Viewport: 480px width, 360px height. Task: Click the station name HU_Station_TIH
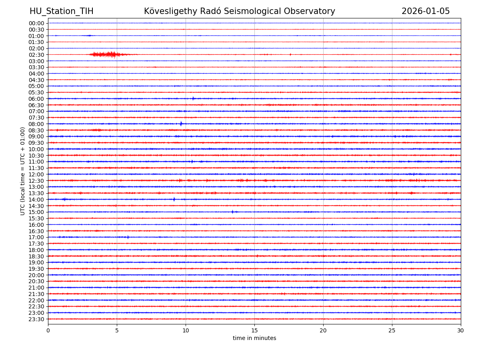pos(61,11)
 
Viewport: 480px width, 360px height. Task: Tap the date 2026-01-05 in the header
pos(426,11)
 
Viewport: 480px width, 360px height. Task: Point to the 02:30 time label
pos(36,55)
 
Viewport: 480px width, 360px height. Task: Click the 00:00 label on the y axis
pos(36,23)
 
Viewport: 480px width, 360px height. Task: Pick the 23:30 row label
pos(36,319)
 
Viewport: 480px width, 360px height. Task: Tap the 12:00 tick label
pos(36,174)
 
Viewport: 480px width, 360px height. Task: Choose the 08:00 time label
pos(36,124)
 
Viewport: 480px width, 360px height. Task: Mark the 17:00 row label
pos(36,237)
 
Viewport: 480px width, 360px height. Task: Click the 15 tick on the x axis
pos(254,331)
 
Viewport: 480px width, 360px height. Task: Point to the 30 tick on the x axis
pos(461,331)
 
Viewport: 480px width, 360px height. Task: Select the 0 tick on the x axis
pos(48,331)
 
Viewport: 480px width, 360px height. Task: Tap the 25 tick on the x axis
pos(392,331)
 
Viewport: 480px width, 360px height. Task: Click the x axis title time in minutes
pos(254,338)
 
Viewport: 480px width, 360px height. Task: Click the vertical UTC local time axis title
pos(23,171)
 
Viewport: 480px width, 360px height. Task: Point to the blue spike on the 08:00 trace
pos(181,124)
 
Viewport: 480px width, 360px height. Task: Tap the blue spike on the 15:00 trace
pos(232,212)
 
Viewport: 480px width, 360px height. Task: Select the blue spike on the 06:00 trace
pos(193,98)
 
